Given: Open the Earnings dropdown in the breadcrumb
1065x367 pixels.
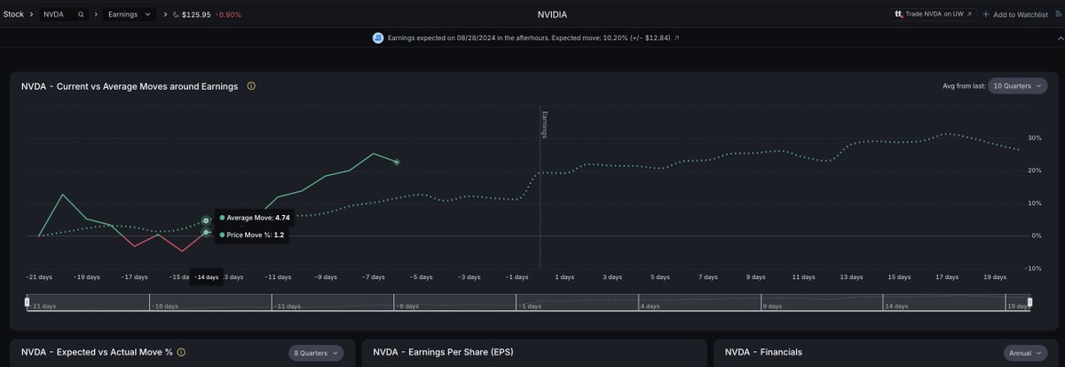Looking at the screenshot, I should (130, 15).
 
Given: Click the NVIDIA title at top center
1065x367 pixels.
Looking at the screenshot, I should (552, 15).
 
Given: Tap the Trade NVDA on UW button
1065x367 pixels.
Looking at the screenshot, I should (933, 15).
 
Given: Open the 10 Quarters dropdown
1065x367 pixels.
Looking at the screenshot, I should (1017, 86).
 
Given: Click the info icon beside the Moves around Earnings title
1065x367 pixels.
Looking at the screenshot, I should (251, 86).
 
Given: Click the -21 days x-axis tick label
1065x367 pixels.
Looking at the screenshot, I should (40, 277).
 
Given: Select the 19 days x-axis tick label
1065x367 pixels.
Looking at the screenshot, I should (994, 277).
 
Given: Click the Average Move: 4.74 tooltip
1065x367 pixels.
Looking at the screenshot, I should (253, 218).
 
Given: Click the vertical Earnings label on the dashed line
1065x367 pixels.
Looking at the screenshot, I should (545, 125).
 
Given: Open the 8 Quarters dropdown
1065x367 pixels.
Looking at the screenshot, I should (316, 353).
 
